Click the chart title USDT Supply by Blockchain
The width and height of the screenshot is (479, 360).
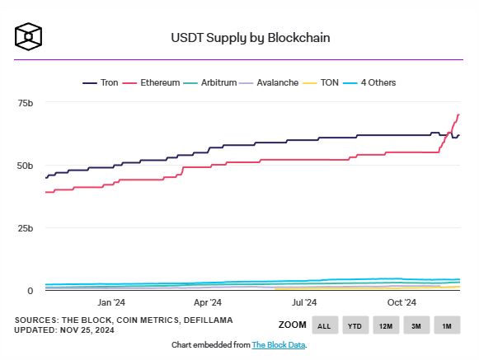click(238, 38)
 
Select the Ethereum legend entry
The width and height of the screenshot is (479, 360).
click(153, 84)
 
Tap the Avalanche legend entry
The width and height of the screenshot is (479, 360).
click(271, 84)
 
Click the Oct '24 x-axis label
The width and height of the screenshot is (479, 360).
click(401, 303)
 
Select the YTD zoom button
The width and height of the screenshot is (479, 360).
click(355, 325)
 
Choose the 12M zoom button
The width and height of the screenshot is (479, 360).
click(386, 325)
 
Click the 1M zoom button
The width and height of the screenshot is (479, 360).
click(447, 325)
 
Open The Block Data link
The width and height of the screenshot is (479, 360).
click(278, 345)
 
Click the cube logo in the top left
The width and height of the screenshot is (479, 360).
click(28, 36)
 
